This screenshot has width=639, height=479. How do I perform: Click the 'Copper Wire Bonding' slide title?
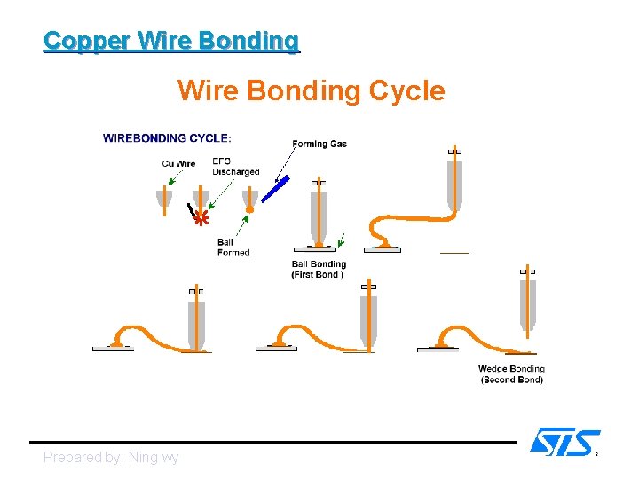[171, 41]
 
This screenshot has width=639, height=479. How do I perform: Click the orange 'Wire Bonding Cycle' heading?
[311, 90]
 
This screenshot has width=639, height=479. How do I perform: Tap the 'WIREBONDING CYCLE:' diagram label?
[168, 138]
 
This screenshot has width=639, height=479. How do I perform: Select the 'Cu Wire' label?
[179, 163]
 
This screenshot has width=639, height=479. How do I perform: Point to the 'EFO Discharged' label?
[235, 167]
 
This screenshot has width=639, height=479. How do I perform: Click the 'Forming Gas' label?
[319, 144]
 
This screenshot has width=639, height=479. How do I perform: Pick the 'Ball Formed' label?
[233, 247]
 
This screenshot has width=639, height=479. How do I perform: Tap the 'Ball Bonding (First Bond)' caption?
[319, 270]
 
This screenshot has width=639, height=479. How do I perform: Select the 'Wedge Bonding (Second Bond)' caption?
[511, 374]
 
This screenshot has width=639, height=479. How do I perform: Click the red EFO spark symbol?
[201, 217]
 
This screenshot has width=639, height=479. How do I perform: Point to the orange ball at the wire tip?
[249, 209]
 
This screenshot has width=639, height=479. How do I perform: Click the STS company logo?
[564, 442]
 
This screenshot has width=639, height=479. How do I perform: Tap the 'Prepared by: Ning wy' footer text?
[111, 458]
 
